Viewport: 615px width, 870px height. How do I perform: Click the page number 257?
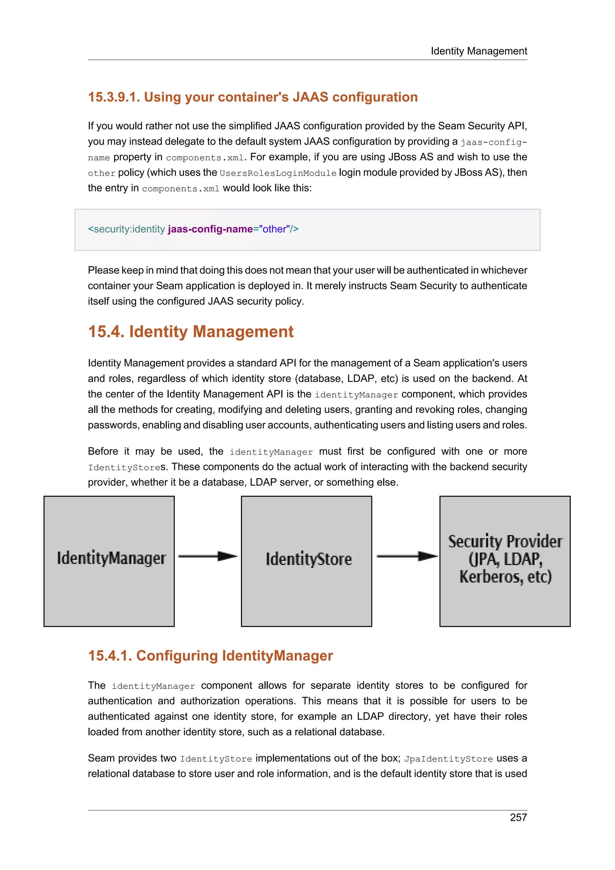518,817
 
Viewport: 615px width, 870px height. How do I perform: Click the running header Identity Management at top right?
479,51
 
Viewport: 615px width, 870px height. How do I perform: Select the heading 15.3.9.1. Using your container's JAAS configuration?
253,97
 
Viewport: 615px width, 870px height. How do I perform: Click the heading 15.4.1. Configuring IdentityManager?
210,656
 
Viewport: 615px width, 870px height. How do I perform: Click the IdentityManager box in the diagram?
109,561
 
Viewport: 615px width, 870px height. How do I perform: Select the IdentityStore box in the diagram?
306,561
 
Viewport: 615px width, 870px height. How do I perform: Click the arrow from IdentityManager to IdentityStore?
207,556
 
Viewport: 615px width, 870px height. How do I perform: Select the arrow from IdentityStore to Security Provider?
407,556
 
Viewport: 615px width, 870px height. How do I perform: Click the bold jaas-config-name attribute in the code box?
210,229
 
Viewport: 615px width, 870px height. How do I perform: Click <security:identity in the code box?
126,229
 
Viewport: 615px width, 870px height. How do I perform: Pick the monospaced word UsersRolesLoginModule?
278,173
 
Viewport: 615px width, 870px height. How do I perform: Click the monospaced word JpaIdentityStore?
448,759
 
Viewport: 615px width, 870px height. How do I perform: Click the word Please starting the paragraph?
103,270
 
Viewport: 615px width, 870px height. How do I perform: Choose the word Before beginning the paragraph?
103,451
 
